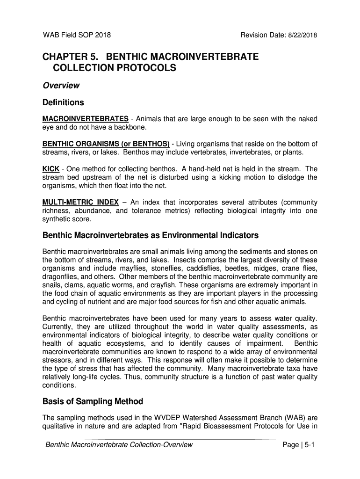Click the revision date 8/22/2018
[x=304, y=35]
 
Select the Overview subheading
[x=61, y=86]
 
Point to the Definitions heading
[x=63, y=102]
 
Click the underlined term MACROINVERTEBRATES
[x=86, y=118]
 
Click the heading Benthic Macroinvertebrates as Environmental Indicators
[x=150, y=235]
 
